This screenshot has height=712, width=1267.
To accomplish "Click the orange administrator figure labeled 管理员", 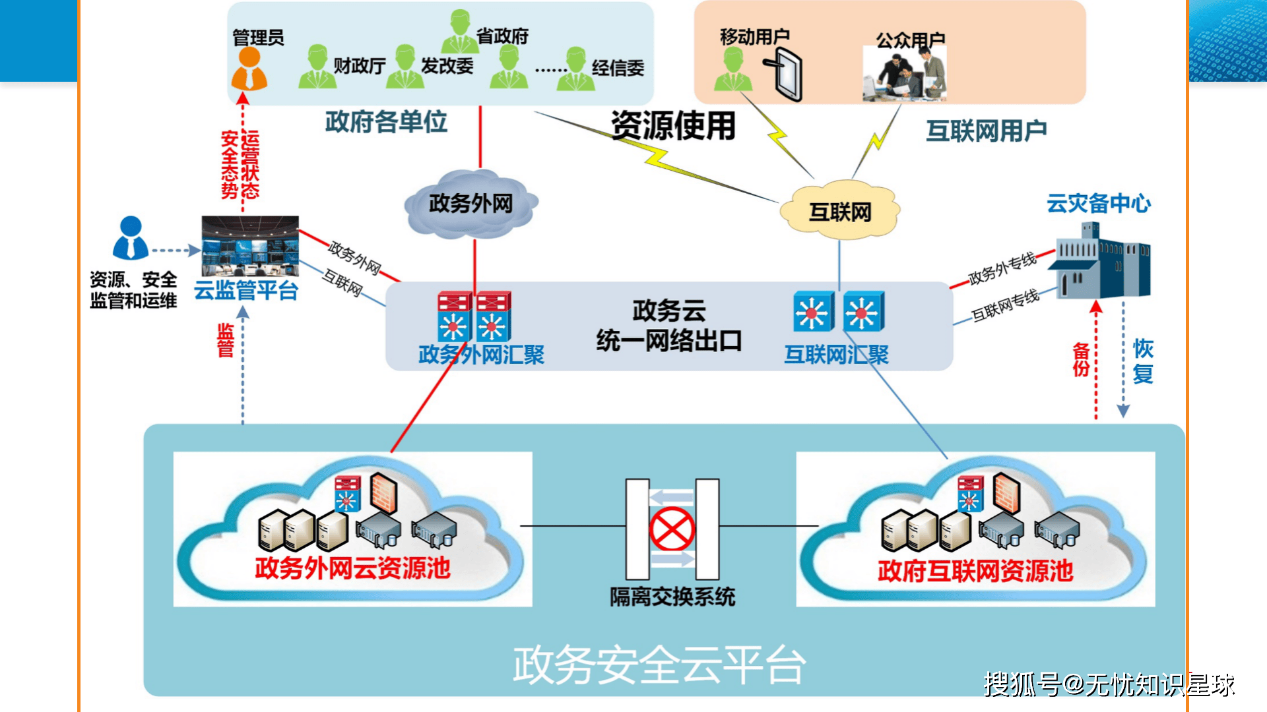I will pyautogui.click(x=249, y=69).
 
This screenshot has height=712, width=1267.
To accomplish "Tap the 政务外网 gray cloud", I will pyautogui.click(x=471, y=204).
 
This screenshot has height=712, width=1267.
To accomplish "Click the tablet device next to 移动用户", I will pyautogui.click(x=785, y=76).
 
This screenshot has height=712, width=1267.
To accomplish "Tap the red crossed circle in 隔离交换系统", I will pyautogui.click(x=672, y=529).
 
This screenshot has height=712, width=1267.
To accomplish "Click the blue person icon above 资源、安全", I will pyautogui.click(x=131, y=238).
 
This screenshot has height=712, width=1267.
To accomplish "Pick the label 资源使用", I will pyautogui.click(x=672, y=125).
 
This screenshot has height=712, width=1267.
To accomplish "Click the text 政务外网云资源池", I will pyautogui.click(x=352, y=568).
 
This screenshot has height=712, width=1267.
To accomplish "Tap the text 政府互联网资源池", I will pyautogui.click(x=975, y=570).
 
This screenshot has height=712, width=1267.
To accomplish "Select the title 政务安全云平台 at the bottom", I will pyautogui.click(x=659, y=665).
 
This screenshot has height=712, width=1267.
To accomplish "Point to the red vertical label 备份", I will pyautogui.click(x=1080, y=360).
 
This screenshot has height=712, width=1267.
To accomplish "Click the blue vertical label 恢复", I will pyautogui.click(x=1143, y=361).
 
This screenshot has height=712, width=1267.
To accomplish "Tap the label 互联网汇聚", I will pyautogui.click(x=836, y=355).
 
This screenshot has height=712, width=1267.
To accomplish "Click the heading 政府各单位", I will pyautogui.click(x=386, y=122).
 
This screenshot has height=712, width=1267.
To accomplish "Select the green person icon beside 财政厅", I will pyautogui.click(x=317, y=67).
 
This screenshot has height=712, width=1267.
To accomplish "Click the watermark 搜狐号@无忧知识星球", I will pyautogui.click(x=1109, y=684).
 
